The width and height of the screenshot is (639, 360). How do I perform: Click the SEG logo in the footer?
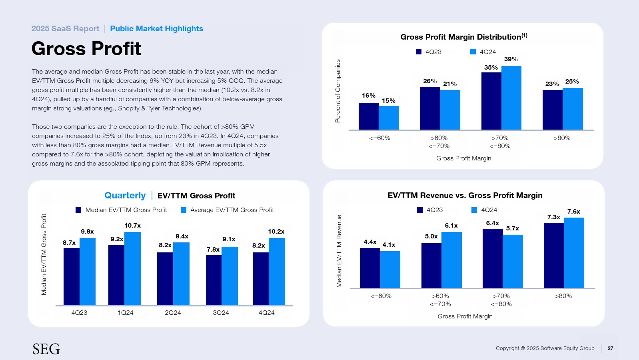(x=46, y=349)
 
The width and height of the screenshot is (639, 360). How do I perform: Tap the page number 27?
(x=610, y=348)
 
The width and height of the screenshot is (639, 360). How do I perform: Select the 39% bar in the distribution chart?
(x=511, y=98)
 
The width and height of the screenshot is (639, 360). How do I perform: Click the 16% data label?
(x=368, y=96)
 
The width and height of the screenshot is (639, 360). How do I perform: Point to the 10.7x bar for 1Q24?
(x=132, y=268)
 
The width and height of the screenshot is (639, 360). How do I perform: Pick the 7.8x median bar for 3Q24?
(x=214, y=280)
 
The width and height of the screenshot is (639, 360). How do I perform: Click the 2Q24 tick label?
(x=173, y=313)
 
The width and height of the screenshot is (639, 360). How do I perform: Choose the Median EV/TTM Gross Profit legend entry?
(x=121, y=210)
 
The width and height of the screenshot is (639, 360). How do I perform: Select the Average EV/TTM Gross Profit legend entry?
(x=227, y=210)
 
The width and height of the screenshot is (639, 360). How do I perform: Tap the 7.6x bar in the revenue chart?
(x=574, y=252)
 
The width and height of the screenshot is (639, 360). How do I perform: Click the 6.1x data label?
(x=451, y=226)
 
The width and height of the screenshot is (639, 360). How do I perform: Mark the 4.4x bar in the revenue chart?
(x=370, y=268)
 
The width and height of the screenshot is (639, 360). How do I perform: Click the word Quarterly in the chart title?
(x=125, y=196)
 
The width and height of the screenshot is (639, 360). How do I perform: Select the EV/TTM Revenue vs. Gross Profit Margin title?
(x=465, y=196)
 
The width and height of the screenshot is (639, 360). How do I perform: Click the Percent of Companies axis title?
(x=338, y=91)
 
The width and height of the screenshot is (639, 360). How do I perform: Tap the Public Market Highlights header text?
(x=156, y=29)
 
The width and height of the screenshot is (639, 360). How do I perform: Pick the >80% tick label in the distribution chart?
(x=562, y=138)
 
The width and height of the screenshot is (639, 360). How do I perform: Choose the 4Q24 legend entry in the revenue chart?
(x=484, y=210)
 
